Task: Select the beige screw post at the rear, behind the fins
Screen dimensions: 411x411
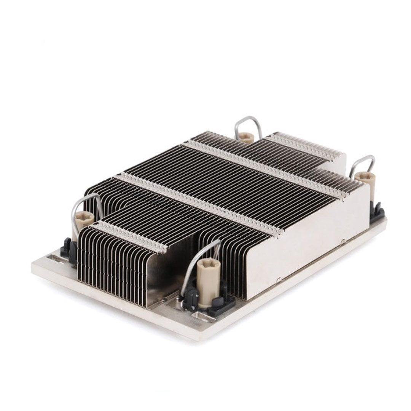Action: [247, 138]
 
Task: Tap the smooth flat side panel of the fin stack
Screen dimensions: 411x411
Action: [308, 244]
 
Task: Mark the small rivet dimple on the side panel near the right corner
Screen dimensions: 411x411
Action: [343, 241]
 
